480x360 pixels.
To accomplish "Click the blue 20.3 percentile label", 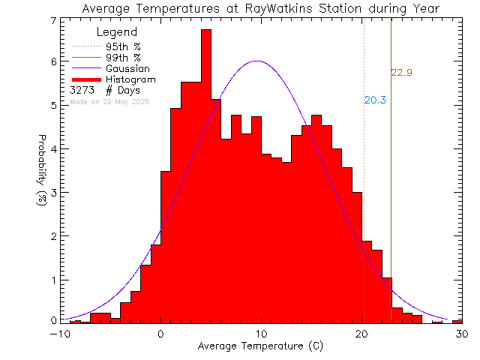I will tap(375, 100).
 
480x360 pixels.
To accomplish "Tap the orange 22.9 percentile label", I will tap(402, 73).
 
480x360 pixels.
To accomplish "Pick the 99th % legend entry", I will tap(130, 58).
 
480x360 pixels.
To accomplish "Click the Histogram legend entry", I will tap(136, 79).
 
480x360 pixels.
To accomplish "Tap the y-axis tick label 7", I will tap(53, 21).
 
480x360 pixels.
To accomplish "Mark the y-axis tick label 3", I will tap(53, 193).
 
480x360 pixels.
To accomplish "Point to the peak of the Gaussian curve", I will tap(257, 61).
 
